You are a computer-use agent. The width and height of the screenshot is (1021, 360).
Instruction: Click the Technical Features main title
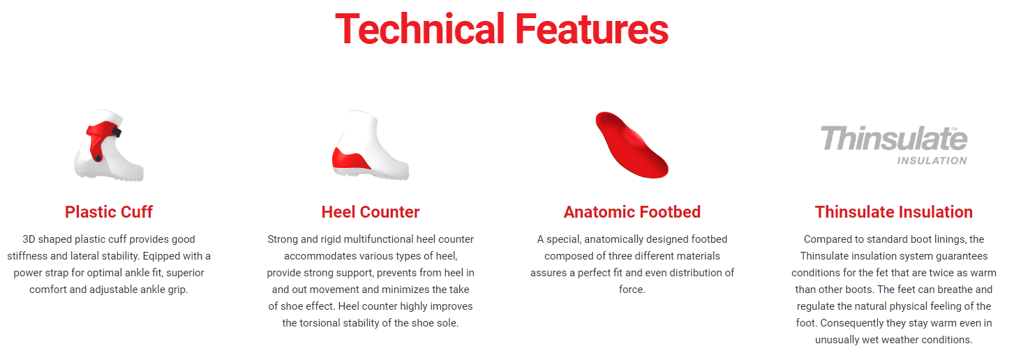(x=501, y=29)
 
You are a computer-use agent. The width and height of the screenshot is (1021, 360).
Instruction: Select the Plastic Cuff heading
(x=108, y=212)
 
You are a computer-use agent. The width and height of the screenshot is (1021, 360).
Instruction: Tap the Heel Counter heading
(x=370, y=212)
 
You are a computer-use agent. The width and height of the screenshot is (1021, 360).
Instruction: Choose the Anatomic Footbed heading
(x=632, y=212)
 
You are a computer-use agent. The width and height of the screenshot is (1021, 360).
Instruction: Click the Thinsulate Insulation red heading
(x=894, y=212)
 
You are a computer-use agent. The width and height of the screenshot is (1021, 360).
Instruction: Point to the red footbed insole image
(x=632, y=145)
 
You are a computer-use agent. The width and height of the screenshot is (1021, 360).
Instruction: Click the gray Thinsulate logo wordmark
(x=894, y=139)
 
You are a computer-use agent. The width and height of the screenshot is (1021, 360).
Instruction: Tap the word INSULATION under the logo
(x=932, y=160)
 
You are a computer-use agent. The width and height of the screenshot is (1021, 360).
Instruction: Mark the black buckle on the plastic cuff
(x=117, y=132)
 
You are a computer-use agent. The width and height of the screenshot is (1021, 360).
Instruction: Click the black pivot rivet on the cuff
(x=98, y=158)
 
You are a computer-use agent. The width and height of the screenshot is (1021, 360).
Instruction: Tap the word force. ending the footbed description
(x=632, y=290)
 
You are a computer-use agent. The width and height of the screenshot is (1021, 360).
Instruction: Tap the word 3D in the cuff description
(x=29, y=239)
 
